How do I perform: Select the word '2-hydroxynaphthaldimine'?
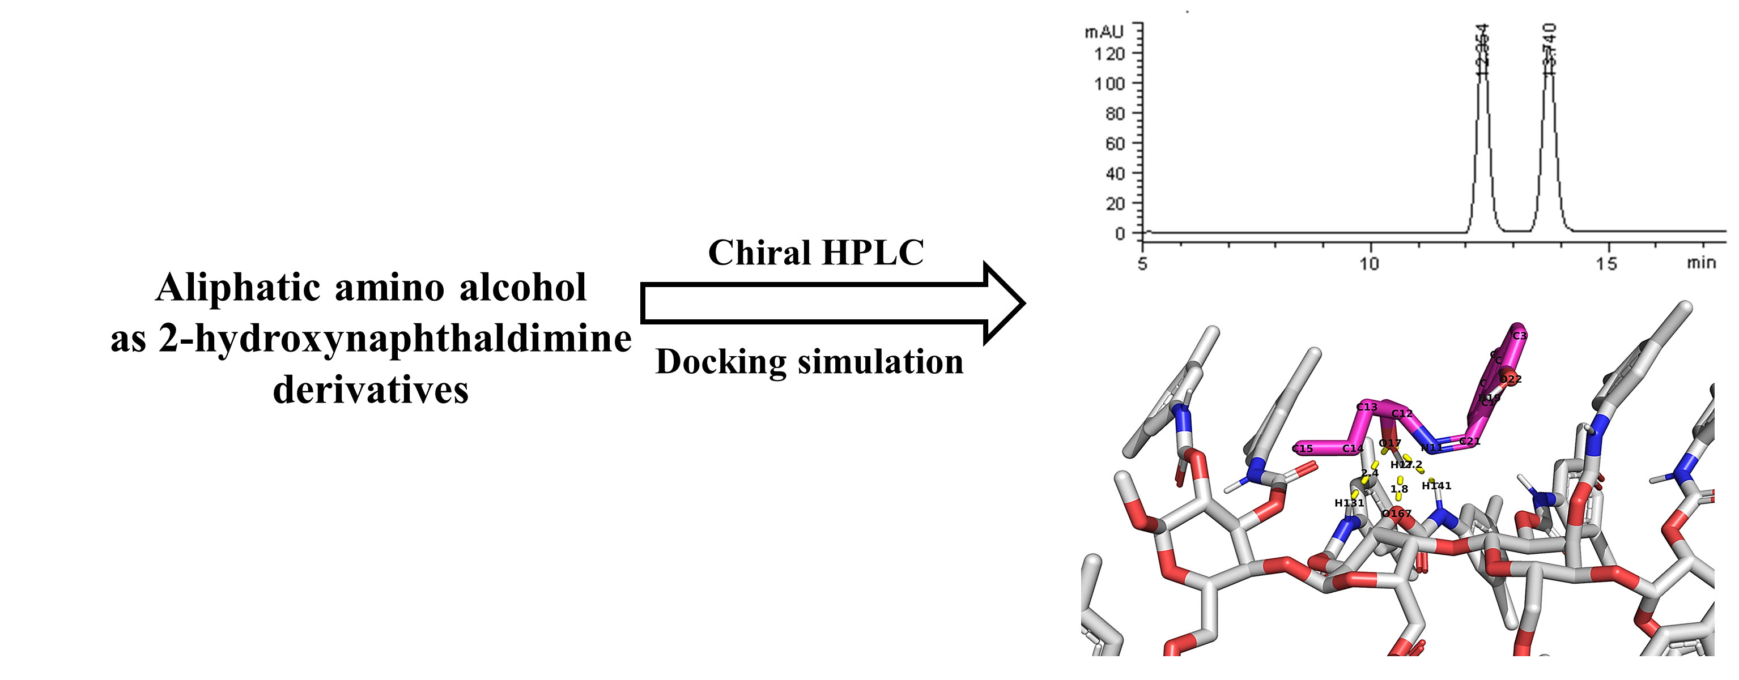(395, 339)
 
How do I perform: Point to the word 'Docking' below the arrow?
(720, 362)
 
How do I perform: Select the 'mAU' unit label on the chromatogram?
(1103, 32)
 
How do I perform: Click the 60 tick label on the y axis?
(1115, 143)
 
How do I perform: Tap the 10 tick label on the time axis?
(1368, 264)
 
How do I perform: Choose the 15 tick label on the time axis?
(1606, 264)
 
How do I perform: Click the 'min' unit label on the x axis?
(1701, 262)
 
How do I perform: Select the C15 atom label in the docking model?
(1302, 448)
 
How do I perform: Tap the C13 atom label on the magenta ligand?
(1367, 407)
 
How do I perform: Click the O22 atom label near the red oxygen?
(1510, 380)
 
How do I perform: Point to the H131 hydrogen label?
(1349, 503)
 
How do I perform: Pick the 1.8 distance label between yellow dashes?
(1399, 489)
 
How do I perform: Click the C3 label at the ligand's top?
(1519, 336)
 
